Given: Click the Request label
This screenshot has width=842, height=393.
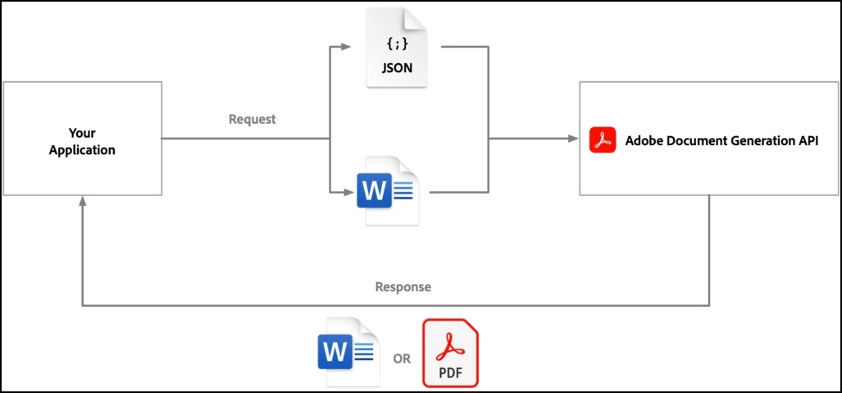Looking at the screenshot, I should pos(252,119).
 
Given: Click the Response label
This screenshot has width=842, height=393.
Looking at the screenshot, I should pos(403,287).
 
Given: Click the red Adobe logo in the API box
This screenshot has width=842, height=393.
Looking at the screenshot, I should pos(603,140).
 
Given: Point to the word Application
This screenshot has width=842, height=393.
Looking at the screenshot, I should pos(82,150).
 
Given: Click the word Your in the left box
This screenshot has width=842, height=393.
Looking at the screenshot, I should pos(82,133).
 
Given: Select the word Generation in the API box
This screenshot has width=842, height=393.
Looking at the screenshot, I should pos(753,140).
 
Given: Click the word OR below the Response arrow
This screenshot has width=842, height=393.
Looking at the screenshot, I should pos(402,359).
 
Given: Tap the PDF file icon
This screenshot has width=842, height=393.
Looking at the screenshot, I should pos(450,353).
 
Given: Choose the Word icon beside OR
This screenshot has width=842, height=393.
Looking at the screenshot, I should pos(348,352).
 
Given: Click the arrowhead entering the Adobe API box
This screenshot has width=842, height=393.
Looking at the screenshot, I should pos(573,139).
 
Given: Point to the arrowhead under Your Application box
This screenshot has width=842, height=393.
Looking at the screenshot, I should pos(82,202).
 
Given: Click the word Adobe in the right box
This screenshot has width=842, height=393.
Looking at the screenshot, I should pos(643,140).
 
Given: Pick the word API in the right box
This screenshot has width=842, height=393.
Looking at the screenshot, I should pos(807,140).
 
